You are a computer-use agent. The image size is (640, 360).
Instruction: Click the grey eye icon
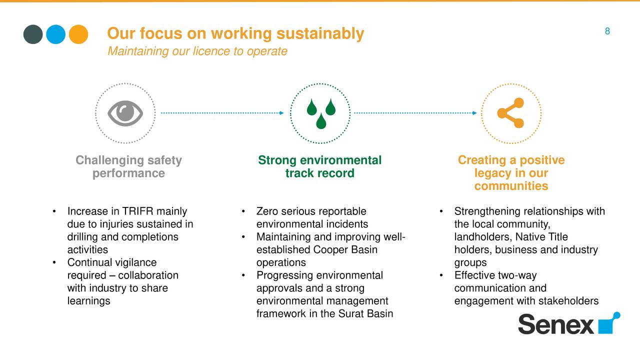coord(125,113)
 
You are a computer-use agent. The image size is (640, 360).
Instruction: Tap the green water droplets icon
coord(321,113)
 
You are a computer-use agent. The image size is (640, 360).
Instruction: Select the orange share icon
coord(510,113)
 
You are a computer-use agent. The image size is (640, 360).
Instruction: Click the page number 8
coord(607,31)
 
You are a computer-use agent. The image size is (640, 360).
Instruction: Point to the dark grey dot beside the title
coord(33,34)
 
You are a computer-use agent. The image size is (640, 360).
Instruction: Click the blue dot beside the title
coord(55,34)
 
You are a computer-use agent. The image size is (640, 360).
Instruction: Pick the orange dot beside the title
coord(78,34)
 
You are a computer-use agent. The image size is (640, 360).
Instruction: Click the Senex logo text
coord(556,324)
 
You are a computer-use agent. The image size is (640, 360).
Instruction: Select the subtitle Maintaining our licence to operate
coord(197,51)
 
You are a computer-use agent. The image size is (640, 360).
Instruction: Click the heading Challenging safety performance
coord(128,166)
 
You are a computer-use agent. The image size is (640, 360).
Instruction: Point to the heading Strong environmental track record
coord(319,166)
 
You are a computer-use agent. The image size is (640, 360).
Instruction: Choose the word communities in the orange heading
coord(511,186)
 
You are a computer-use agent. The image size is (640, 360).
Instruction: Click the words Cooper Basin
coord(345,249)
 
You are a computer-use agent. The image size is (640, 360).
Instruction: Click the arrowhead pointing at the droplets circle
coord(281,113)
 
